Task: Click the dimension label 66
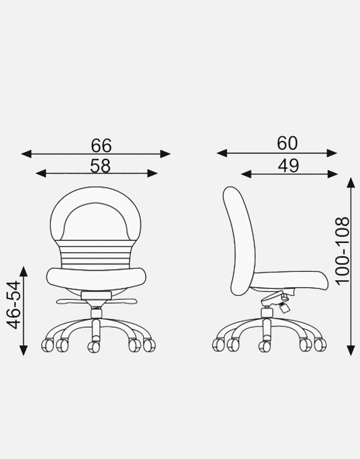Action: point(101,146)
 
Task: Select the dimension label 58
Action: point(100,166)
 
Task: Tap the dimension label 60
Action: point(287,143)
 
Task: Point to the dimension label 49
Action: point(288,166)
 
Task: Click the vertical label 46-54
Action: point(14,305)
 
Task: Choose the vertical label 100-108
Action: point(342,250)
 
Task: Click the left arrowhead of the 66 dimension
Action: point(26,154)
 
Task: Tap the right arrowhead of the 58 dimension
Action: point(152,173)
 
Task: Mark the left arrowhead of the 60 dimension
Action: point(222,153)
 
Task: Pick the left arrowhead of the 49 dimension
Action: point(246,174)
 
